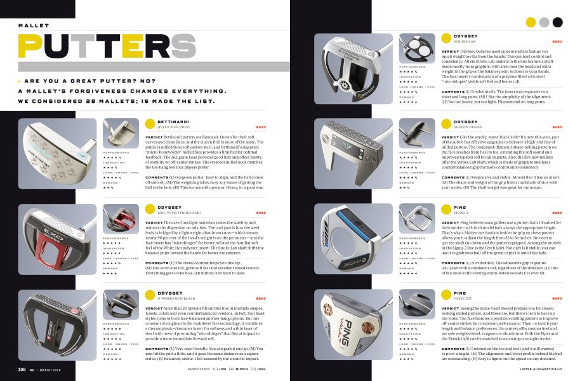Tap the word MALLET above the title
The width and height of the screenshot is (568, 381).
click(x=34, y=25)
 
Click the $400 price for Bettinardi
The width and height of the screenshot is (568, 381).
click(x=260, y=126)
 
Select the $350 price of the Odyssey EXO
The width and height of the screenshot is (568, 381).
click(x=260, y=212)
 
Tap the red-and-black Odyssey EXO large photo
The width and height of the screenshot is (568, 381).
click(x=57, y=239)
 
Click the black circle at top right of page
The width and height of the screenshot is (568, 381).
click(x=557, y=22)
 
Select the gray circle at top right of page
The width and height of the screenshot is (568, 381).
click(x=544, y=22)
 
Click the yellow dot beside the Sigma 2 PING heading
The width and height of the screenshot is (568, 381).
click(x=446, y=209)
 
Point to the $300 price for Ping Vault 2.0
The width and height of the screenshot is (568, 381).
click(x=557, y=298)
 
